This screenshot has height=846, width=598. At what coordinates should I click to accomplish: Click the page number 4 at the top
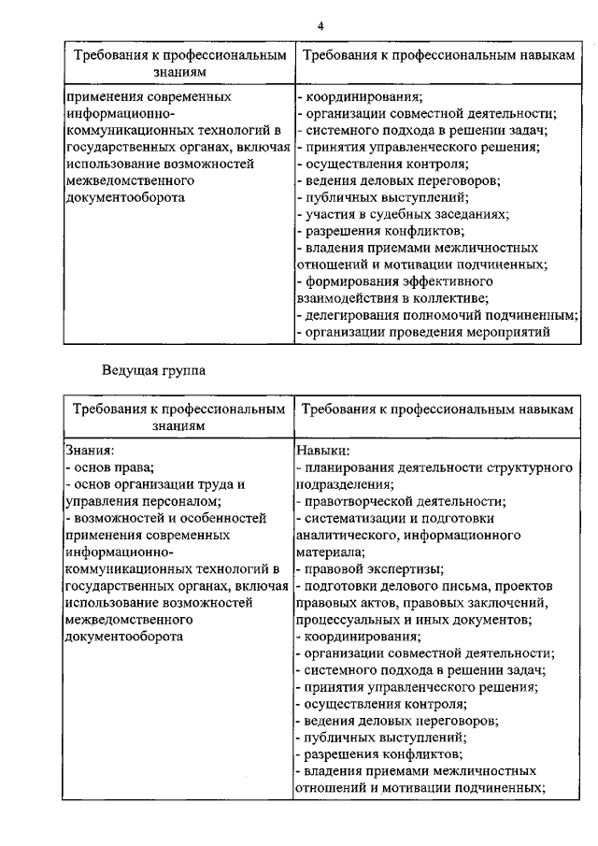point(320,25)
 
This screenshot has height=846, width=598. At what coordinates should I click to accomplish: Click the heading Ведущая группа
point(153,370)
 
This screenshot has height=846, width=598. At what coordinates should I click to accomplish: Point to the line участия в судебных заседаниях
point(403,214)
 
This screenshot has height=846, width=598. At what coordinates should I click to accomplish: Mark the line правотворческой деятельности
point(401,500)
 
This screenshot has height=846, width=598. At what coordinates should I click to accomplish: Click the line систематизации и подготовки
point(395,517)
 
